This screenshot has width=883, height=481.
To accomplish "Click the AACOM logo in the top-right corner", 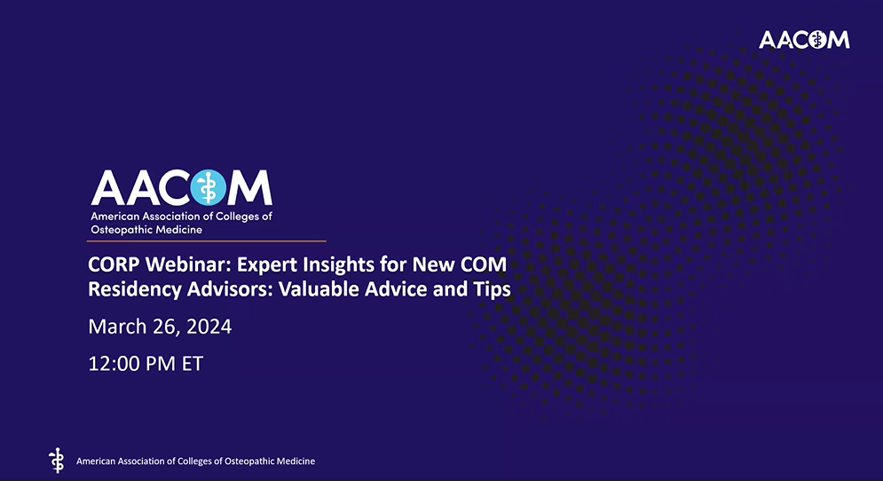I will click(x=804, y=39).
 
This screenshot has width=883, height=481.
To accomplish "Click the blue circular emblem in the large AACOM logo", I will click(x=209, y=187).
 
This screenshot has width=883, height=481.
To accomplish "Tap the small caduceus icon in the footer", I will click(x=57, y=460).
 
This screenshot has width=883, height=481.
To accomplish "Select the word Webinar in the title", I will click(x=184, y=264).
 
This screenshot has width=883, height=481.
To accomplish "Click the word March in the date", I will click(x=115, y=327).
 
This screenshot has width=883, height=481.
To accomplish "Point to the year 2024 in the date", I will click(x=209, y=327).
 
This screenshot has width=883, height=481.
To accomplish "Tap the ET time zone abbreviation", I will click(x=191, y=363).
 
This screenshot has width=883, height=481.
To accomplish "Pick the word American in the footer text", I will click(x=97, y=461).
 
